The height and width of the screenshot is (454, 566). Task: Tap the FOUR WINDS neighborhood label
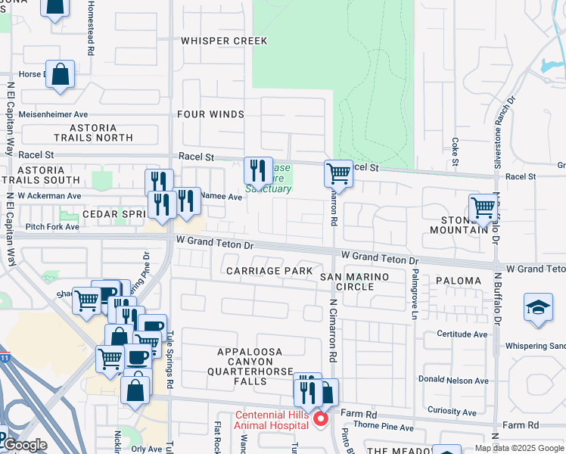coord(211,114)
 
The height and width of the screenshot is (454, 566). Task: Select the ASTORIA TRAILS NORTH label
coord(93,133)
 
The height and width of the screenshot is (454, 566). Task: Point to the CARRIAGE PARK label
coord(269,271)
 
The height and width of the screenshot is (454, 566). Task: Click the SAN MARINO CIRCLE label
coord(354,282)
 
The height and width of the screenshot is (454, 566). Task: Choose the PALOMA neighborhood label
coord(458,281)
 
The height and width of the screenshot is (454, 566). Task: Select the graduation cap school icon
coord(538,307)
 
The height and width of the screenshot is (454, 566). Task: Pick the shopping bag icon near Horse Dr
coord(61,74)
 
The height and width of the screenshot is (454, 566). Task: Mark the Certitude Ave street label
coord(465,334)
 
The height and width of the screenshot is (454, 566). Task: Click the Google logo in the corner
coord(26,445)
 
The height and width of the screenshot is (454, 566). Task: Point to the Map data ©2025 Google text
coord(518,448)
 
